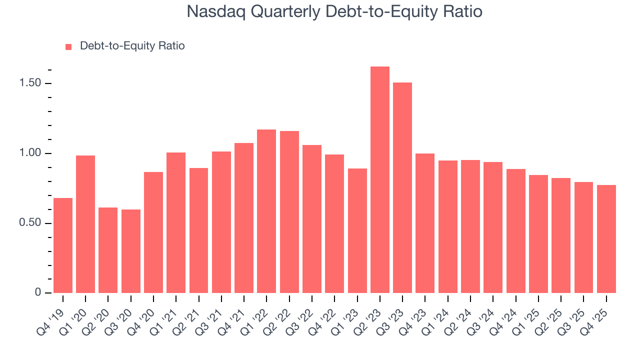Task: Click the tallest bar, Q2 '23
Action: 379,180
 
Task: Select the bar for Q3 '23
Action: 402,188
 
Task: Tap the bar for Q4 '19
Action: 63,245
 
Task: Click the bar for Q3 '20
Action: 131,251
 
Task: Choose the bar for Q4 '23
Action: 425,223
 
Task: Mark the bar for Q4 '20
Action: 153,232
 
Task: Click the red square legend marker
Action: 69,46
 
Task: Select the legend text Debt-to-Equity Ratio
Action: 132,46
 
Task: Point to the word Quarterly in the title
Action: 285,11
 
